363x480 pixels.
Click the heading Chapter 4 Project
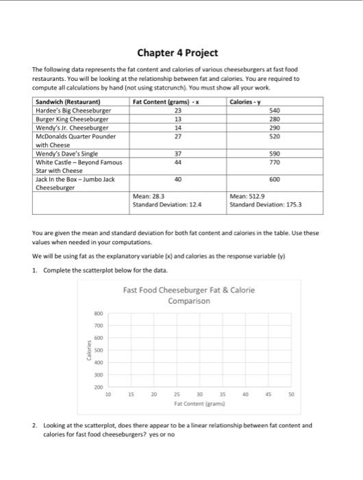click(x=178, y=53)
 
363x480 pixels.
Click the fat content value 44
click(x=178, y=162)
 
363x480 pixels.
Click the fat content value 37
click(x=178, y=154)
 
